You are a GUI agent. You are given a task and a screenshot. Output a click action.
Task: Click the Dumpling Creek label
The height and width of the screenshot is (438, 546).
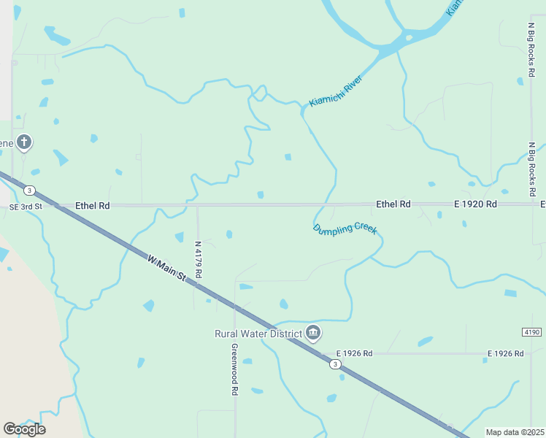pyautogui.click(x=345, y=229)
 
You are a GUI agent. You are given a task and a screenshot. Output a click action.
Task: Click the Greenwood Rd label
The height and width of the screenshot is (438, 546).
pyautogui.click(x=235, y=369)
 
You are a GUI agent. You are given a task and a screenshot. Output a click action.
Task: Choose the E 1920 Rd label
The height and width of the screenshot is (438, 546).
pyautogui.click(x=475, y=204)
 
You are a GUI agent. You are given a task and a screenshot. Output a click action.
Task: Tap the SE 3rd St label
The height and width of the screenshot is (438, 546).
pyautogui.click(x=27, y=207)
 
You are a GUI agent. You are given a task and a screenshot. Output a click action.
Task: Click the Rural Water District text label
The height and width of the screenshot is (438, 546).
pyautogui.click(x=258, y=334)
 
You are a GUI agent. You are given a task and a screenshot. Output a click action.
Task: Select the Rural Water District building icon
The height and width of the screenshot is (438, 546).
pyautogui.click(x=313, y=333)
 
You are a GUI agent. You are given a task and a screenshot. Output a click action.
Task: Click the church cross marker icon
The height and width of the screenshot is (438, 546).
pyautogui.click(x=24, y=142)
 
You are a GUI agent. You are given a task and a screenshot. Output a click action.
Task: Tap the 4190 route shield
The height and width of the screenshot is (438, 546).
pyautogui.click(x=531, y=332)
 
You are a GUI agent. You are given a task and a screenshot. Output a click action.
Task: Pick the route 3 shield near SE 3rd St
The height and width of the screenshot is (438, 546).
pyautogui.click(x=28, y=191)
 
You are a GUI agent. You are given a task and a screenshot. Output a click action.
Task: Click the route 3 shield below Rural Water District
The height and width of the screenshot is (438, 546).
pyautogui.click(x=334, y=364)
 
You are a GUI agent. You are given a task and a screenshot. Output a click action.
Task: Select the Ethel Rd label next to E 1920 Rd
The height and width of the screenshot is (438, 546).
pyautogui.click(x=393, y=204)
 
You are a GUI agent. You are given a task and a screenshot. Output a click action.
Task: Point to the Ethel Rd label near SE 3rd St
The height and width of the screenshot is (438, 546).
pyautogui.click(x=92, y=207)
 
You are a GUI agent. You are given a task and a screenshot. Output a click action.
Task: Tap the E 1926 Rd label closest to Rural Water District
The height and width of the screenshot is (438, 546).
pyautogui.click(x=354, y=353)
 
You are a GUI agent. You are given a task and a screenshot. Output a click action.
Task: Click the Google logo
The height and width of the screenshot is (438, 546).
pyautogui.click(x=24, y=429)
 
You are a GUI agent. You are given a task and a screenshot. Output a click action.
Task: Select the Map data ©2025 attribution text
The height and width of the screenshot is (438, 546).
pyautogui.click(x=514, y=432)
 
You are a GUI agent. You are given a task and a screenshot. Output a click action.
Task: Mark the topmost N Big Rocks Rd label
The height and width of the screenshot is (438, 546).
pyautogui.click(x=531, y=50)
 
